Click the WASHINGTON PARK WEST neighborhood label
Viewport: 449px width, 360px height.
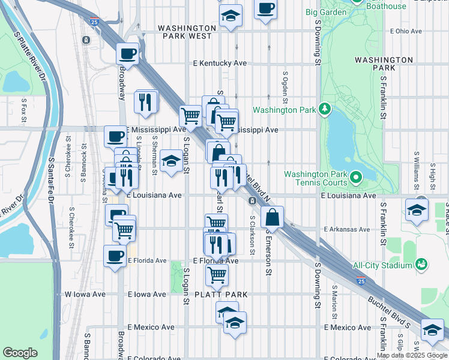point(187,32)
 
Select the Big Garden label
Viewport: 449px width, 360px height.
point(326,12)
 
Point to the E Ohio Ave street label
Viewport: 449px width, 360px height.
point(406,31)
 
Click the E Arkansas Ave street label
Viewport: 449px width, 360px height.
point(347,229)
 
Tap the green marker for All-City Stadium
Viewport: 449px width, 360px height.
point(421,265)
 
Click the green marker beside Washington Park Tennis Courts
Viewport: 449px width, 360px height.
point(355,178)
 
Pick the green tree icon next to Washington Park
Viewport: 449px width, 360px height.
point(324,109)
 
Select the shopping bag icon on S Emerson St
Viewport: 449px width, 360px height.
point(273,217)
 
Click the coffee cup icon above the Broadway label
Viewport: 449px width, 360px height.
point(127,53)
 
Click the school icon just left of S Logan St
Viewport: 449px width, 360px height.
point(171,160)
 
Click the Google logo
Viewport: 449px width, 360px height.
point(20,353)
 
